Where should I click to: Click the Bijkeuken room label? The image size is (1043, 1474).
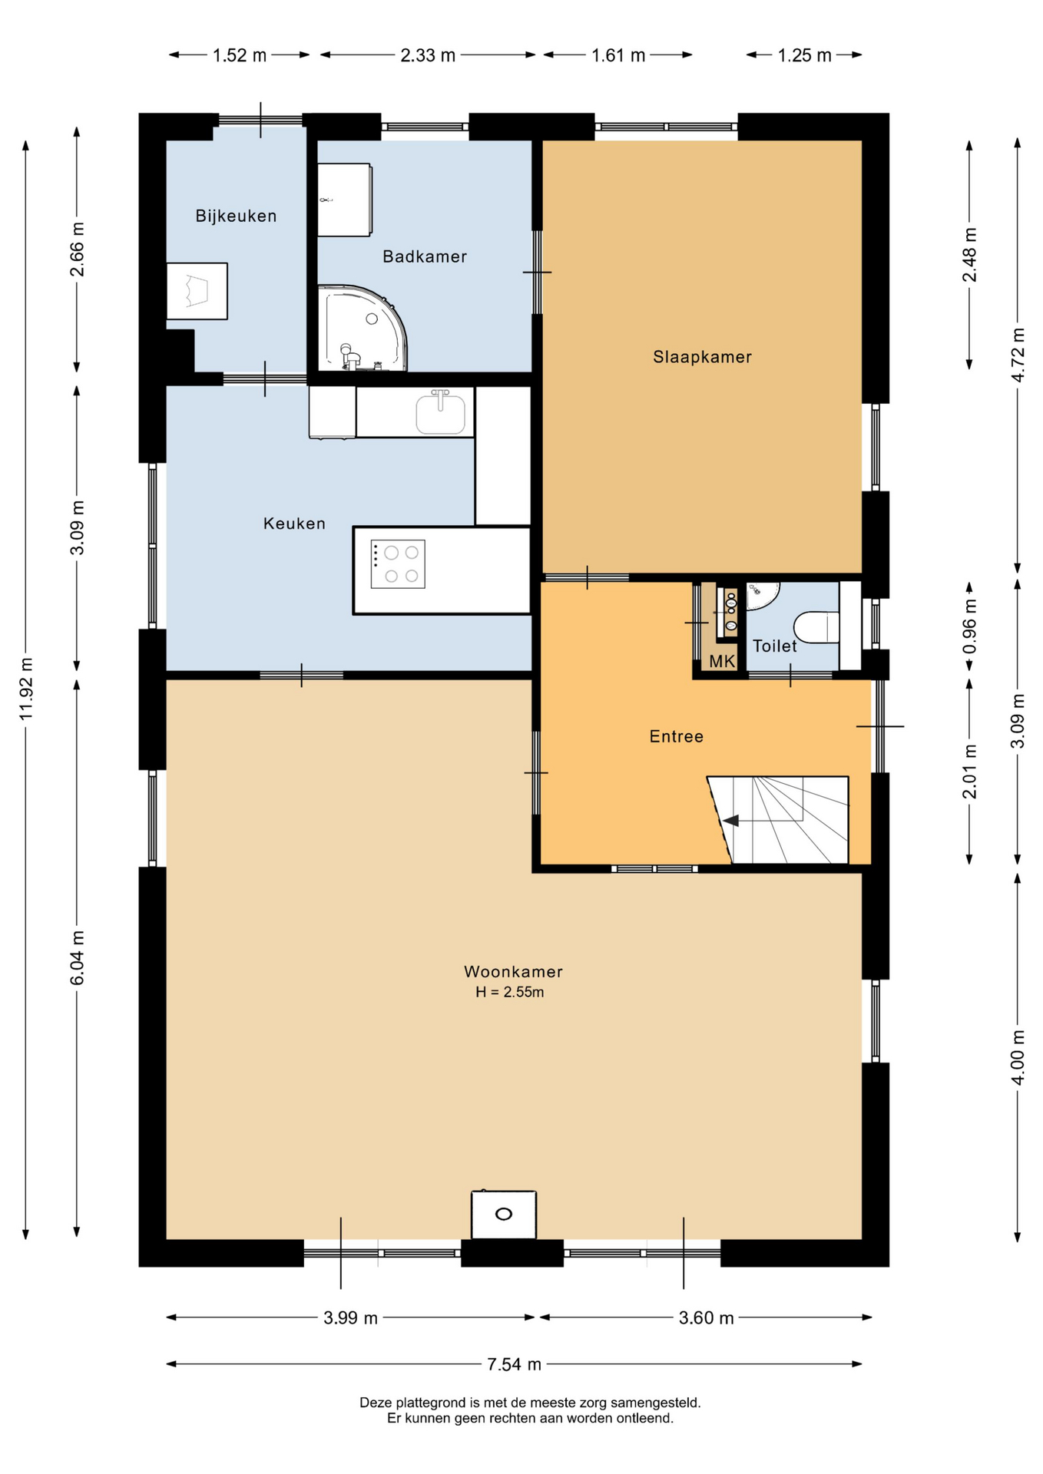point(236,216)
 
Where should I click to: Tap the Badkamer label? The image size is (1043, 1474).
point(425,256)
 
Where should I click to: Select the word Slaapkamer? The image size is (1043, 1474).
point(702,356)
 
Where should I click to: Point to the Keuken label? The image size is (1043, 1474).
point(294,524)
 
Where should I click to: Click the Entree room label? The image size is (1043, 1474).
point(676,736)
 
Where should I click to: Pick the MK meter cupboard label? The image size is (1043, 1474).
point(722,661)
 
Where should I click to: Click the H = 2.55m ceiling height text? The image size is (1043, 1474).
point(509,992)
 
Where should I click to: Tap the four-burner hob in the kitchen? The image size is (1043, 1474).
point(398,564)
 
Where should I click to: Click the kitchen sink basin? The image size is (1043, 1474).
point(440,413)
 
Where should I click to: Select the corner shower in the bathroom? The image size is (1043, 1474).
point(361,329)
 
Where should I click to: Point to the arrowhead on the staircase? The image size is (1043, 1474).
point(730,821)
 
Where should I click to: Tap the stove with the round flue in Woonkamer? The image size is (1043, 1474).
point(504,1214)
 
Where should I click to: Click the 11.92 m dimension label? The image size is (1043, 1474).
point(26,689)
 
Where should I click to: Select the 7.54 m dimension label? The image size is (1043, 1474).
point(514,1364)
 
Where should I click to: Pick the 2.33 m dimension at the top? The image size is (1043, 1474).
point(428,55)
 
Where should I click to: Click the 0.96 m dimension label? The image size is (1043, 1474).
point(970,626)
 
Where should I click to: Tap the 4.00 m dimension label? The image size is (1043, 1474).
point(1018,1057)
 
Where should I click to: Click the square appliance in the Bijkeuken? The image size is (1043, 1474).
point(197,291)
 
